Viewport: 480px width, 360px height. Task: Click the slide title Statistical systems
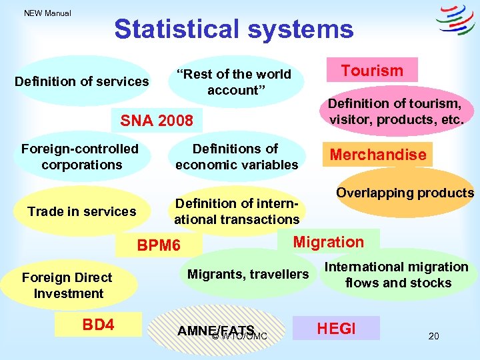(x=233, y=29)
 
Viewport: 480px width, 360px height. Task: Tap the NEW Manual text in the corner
(x=47, y=13)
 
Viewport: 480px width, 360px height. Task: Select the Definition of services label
(x=82, y=82)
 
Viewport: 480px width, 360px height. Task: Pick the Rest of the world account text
(x=233, y=82)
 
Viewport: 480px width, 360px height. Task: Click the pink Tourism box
(x=372, y=71)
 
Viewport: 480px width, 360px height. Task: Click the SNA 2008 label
(x=156, y=121)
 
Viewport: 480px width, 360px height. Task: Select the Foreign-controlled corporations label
(x=80, y=157)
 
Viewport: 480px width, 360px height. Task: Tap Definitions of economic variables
(x=236, y=157)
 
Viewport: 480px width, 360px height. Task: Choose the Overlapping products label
(x=405, y=193)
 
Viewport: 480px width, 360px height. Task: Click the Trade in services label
(x=82, y=212)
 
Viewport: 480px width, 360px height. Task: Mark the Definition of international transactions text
(x=237, y=211)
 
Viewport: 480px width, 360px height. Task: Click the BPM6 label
(x=158, y=246)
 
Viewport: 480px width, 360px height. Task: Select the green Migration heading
(x=329, y=242)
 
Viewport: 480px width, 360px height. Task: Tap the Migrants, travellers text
(x=248, y=274)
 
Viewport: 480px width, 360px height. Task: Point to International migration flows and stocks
(x=397, y=275)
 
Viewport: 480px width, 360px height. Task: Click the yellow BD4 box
(x=98, y=325)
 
